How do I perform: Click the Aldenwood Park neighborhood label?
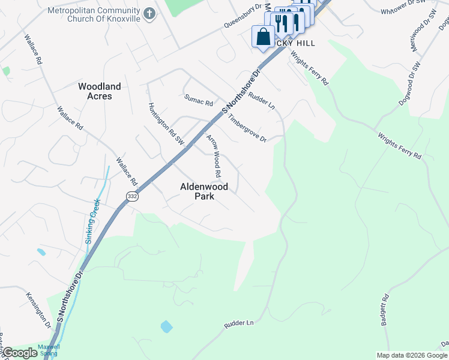pyautogui.click(x=204, y=191)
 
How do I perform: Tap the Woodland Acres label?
pyautogui.click(x=100, y=91)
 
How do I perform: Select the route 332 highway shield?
pyautogui.click(x=132, y=196)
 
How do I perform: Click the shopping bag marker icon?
pyautogui.click(x=263, y=37)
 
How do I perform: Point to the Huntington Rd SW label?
pyautogui.click(x=166, y=124)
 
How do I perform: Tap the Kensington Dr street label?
pyautogui.click(x=39, y=310)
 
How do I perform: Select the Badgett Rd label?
pyautogui.click(x=385, y=310)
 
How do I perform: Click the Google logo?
pyautogui.click(x=20, y=353)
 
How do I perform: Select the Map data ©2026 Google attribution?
pyautogui.click(x=412, y=355)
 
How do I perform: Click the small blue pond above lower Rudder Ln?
pyautogui.click(x=166, y=327)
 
